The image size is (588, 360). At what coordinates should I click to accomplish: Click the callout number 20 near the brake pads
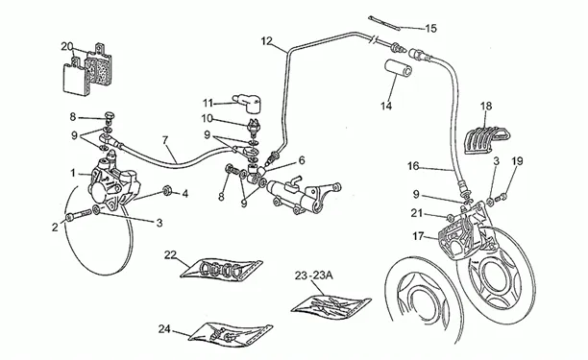pyautogui.click(x=66, y=46)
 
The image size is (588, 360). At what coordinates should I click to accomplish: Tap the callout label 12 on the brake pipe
pyautogui.click(x=266, y=41)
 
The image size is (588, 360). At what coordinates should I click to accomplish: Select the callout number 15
pyautogui.click(x=431, y=29)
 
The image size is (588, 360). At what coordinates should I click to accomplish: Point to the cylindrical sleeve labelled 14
pyautogui.click(x=399, y=68)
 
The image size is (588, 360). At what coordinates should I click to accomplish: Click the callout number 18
pyautogui.click(x=486, y=106)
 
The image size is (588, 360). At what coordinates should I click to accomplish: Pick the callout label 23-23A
pyautogui.click(x=313, y=276)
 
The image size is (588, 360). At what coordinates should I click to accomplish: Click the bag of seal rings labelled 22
pyautogui.click(x=221, y=269)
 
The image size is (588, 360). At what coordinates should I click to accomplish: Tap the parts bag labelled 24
pyautogui.click(x=231, y=334)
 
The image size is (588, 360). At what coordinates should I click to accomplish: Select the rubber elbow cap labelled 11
pyautogui.click(x=245, y=103)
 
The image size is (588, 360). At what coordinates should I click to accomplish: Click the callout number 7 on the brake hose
pyautogui.click(x=165, y=140)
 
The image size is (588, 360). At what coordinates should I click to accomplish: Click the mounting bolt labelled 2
pyautogui.click(x=79, y=215)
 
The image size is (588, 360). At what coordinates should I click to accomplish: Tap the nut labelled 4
pyautogui.click(x=167, y=191)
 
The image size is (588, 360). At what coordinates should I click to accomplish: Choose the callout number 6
pyautogui.click(x=302, y=160)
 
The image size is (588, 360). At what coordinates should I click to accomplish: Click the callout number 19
pyautogui.click(x=517, y=161)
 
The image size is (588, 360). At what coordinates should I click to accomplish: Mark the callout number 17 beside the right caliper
pyautogui.click(x=418, y=236)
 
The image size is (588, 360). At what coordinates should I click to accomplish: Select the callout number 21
pyautogui.click(x=417, y=213)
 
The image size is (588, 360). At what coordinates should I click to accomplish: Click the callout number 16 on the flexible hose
pyautogui.click(x=413, y=166)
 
